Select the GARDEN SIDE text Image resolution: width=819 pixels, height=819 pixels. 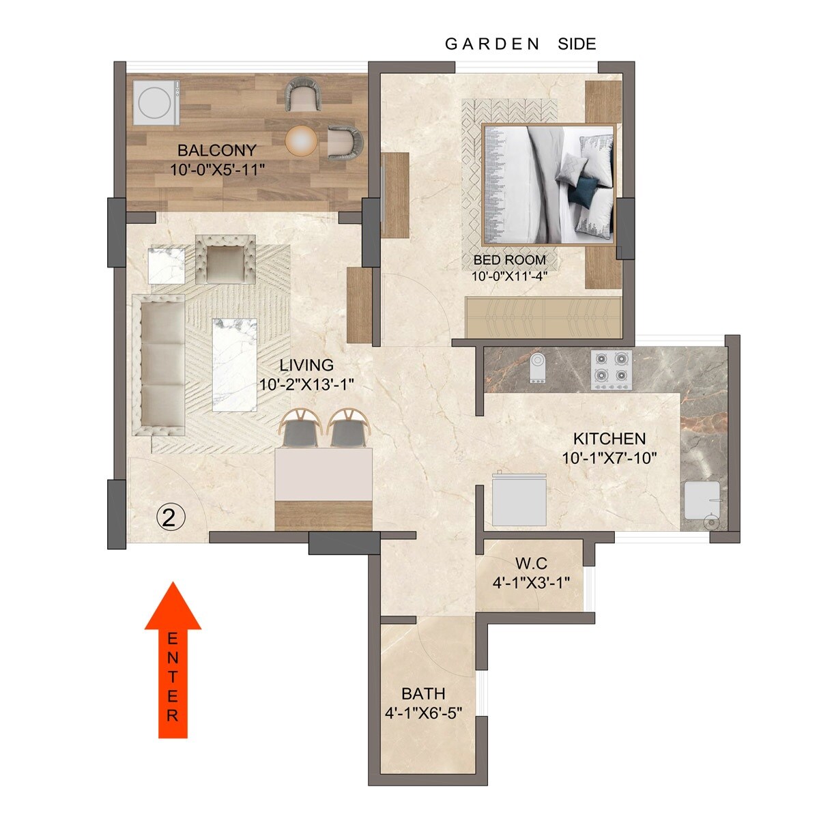[x=520, y=44]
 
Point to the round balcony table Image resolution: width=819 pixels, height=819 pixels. [x=301, y=141]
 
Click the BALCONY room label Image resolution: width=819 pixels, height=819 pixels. [x=217, y=150]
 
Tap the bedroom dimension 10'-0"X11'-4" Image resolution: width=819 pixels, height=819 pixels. [x=509, y=276]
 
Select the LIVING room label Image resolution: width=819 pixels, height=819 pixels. [x=306, y=365]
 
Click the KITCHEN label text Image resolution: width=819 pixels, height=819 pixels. [x=609, y=438]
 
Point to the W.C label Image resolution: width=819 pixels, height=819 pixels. [x=531, y=564]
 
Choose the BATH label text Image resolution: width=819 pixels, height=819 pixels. [x=423, y=694]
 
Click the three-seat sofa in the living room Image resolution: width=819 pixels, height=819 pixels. [x=162, y=364]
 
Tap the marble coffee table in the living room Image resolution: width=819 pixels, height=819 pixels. [x=234, y=364]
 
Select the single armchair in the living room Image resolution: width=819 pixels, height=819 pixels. [x=225, y=260]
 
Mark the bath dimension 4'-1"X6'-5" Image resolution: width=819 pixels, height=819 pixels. [x=423, y=713]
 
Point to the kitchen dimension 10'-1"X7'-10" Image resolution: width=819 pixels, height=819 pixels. [x=609, y=457]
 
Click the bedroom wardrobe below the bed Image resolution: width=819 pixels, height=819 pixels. [x=543, y=317]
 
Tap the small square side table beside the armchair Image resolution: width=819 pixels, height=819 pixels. [x=167, y=265]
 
